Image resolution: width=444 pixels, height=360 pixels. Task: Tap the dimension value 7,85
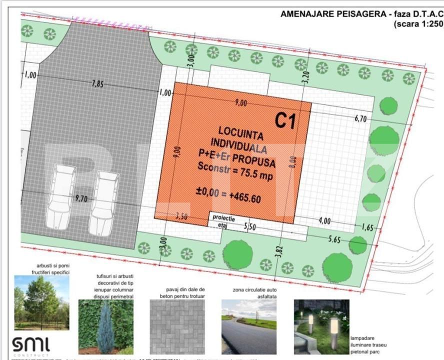coord(97,84)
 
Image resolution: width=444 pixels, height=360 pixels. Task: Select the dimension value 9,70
coord(81,198)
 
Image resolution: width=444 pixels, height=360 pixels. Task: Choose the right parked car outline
coord(104,202)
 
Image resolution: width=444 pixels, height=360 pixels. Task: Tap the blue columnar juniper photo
coord(105,326)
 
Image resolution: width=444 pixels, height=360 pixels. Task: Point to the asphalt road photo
coord(248,326)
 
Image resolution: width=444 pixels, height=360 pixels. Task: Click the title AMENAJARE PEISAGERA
coord(332,14)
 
